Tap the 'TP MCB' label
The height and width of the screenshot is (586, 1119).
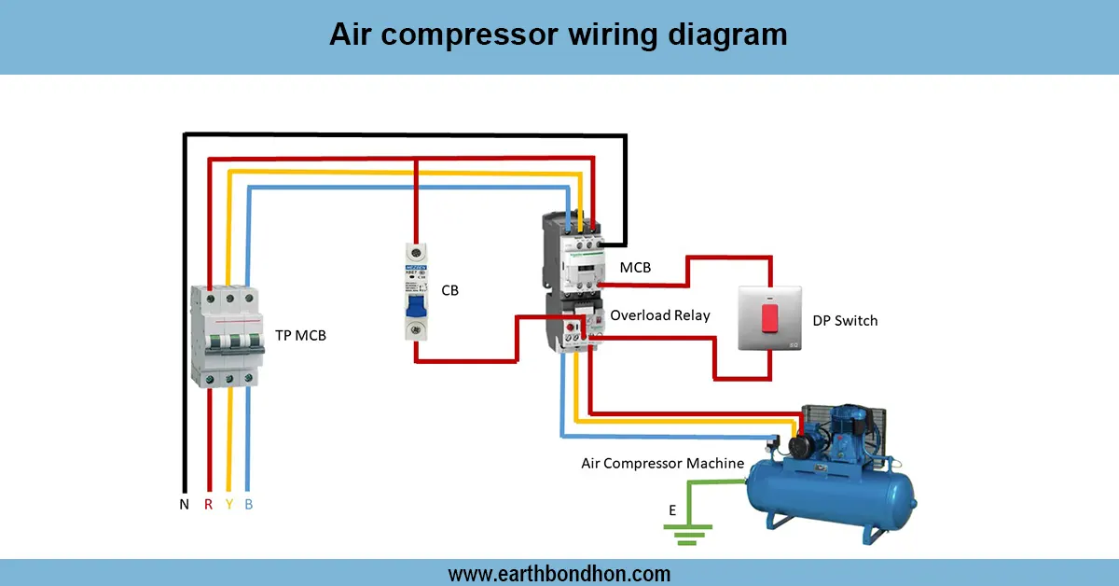tap(300, 336)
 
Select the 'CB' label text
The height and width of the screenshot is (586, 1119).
tap(449, 291)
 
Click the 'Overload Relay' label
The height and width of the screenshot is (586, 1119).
tap(659, 315)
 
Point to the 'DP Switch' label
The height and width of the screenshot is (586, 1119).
tap(845, 321)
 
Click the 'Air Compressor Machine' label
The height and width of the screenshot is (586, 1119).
tap(662, 463)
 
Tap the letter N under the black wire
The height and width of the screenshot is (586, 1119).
tap(184, 505)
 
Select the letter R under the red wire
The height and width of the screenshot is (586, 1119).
tap(208, 505)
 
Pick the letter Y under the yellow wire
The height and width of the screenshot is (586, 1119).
tap(228, 505)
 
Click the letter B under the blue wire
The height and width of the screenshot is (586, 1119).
tap(248, 505)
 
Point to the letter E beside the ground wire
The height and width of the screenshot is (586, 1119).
tap(671, 510)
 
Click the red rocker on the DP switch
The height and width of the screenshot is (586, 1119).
tap(770, 317)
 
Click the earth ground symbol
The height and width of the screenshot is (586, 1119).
tap(687, 535)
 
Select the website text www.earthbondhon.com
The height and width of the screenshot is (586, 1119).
tap(559, 573)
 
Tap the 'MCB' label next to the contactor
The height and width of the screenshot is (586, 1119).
tap(635, 268)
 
